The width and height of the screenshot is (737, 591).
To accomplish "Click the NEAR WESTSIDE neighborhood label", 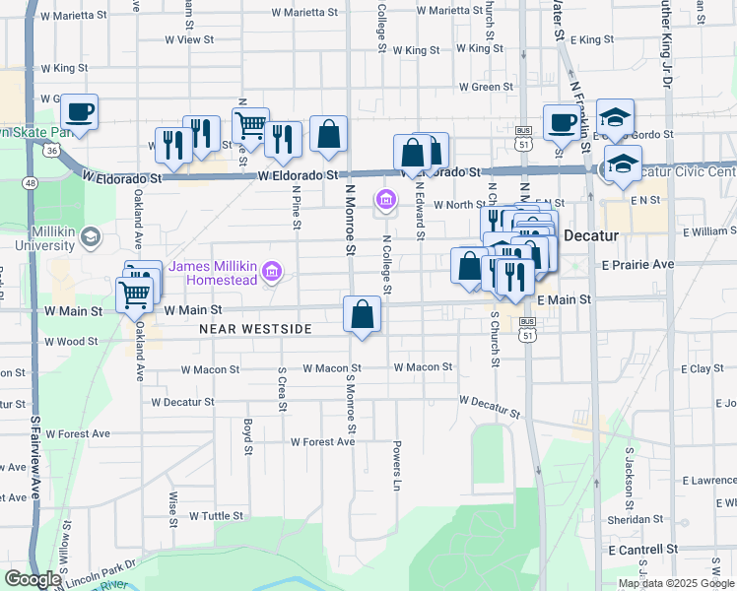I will coord(255,328).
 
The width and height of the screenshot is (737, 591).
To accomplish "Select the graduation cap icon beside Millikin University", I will coord(90,236).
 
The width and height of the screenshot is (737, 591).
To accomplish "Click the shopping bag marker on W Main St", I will coord(363,314).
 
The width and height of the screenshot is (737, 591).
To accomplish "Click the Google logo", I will coord(32,579).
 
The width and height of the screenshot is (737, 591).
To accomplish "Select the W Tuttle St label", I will coord(216,515).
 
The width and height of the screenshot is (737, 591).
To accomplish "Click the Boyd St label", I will coord(247,429).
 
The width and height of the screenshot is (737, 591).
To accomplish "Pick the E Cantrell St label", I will coord(643,548).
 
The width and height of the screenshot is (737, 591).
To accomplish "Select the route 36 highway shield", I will coord(50,148).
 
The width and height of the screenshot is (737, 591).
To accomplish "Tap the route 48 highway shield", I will coord(32,183).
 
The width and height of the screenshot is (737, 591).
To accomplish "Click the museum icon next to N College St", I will coord(385,201).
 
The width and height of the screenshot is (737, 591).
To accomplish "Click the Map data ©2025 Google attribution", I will coord(675,582).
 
